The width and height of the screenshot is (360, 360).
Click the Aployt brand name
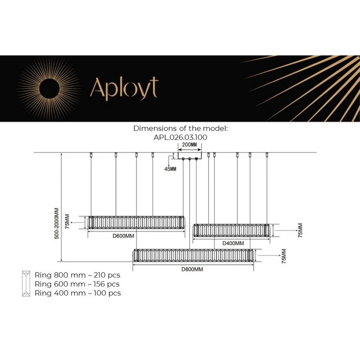coord(124,88)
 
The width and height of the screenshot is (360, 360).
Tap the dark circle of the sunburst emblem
coord(49,87)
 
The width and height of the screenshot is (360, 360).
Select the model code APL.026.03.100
coord(181,137)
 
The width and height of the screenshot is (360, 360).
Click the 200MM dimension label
coord(189,144)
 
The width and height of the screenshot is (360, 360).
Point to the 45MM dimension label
coord(170,169)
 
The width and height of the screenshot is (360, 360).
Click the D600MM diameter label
coord(123,236)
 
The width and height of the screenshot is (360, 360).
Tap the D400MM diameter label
coord(233,243)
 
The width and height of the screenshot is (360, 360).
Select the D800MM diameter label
coord(192,269)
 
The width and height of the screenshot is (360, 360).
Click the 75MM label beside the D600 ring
coord(67,222)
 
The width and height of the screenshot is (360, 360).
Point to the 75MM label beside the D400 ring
coord(301,230)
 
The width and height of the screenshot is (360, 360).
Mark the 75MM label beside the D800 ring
coord(284,256)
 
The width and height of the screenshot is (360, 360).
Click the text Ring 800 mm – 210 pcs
coord(77,275)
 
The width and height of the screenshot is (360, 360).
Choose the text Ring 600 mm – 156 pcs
coord(77,284)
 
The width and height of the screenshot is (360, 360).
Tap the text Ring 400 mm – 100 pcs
coord(78,293)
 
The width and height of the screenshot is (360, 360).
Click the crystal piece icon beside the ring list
coord(26,284)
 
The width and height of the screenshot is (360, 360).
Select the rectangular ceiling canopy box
coord(190,155)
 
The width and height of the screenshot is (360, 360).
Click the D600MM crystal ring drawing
coord(136,222)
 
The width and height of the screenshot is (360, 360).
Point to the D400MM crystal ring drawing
coord(232,230)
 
